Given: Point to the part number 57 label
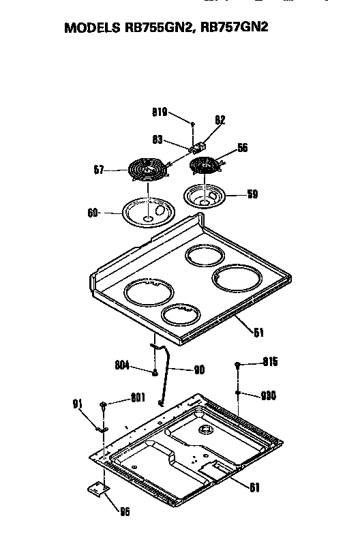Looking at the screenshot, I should [97, 169].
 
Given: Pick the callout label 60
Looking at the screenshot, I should [93, 213].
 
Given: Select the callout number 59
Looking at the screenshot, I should [252, 194].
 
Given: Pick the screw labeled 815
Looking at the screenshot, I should [238, 365].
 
